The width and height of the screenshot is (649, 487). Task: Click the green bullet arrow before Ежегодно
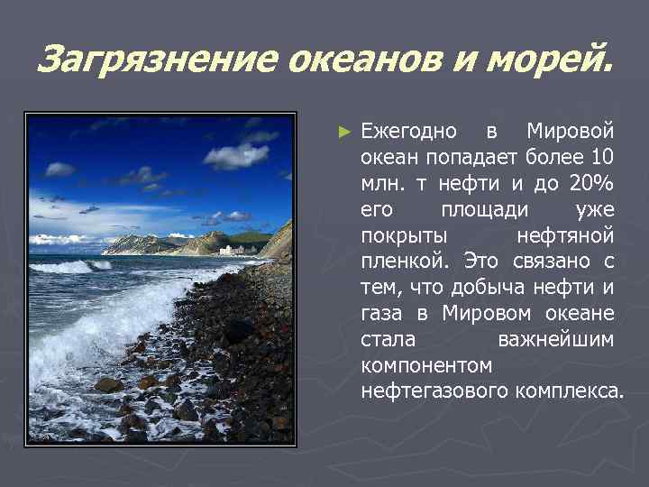(x=343, y=132)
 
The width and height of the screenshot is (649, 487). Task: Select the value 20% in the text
(x=591, y=184)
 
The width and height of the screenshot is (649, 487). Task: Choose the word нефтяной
(x=565, y=236)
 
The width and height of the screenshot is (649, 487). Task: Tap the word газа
(x=383, y=315)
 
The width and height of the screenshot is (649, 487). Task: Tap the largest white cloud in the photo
(x=235, y=155)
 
